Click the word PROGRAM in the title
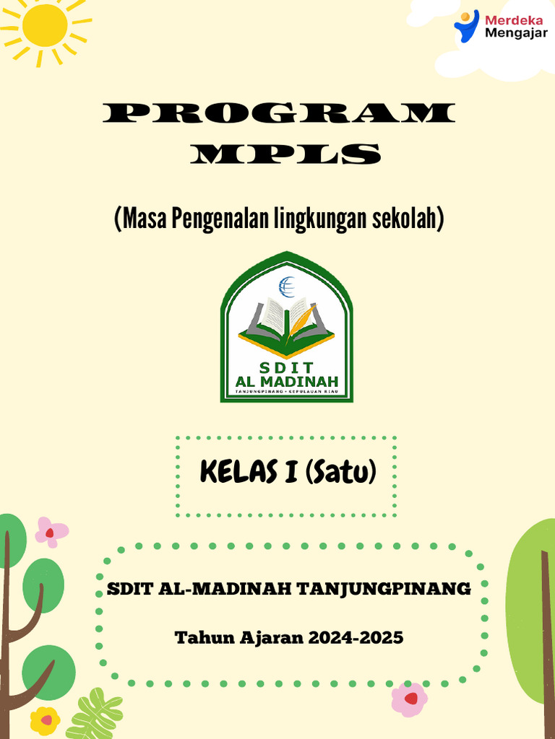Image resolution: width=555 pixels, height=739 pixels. (279, 114)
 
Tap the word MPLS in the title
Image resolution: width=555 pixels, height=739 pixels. (288, 154)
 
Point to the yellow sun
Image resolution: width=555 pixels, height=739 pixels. (45, 25)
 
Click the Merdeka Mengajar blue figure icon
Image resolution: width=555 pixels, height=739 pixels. (466, 26)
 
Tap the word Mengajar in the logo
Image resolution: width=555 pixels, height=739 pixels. (516, 32)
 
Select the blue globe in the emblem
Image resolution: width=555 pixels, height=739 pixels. (286, 287)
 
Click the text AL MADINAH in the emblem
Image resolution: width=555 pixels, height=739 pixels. (286, 380)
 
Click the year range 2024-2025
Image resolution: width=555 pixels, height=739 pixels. (356, 638)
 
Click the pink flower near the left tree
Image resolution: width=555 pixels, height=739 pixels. (51, 532)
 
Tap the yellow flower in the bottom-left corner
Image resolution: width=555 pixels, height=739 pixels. (45, 720)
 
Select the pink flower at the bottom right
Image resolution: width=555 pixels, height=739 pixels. (409, 699)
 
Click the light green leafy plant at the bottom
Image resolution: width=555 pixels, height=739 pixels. (94, 714)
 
